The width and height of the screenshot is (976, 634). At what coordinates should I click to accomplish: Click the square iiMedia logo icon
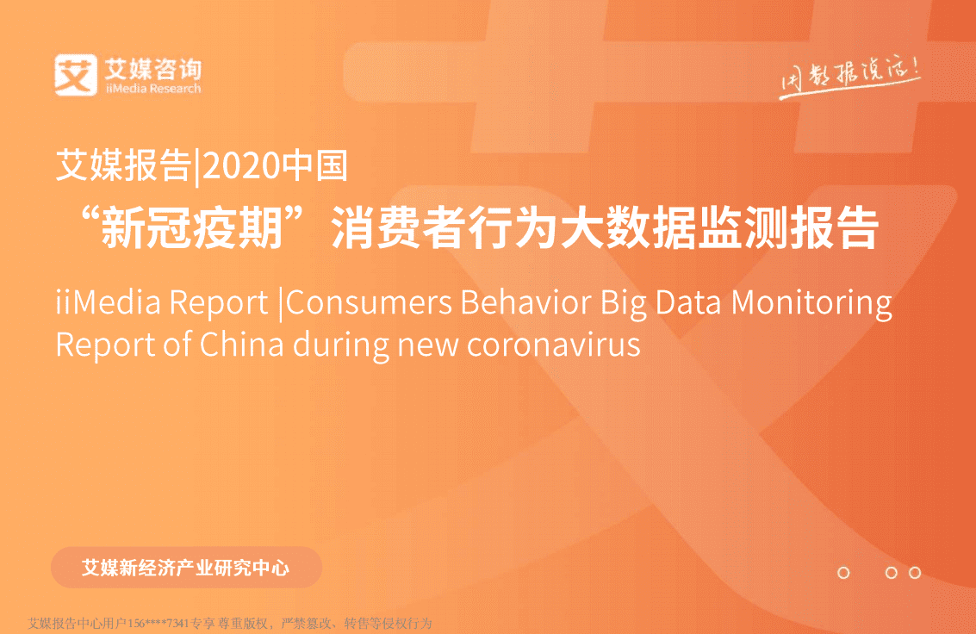pyautogui.click(x=75, y=75)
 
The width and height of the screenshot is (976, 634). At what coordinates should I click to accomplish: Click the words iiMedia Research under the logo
pyautogui.click(x=152, y=88)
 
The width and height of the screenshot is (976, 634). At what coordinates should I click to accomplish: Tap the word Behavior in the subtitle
pyautogui.click(x=525, y=303)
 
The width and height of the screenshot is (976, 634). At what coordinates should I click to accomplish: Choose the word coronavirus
pyautogui.click(x=554, y=344)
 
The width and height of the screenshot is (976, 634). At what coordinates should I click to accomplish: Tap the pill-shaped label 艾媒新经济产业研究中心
pyautogui.click(x=186, y=568)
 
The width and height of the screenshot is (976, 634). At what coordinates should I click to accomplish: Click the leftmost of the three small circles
pyautogui.click(x=843, y=573)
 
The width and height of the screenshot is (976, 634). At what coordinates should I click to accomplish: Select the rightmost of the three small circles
pyautogui.click(x=915, y=573)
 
